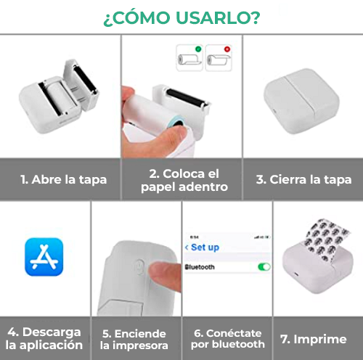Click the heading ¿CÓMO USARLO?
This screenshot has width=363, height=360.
pyautogui.click(x=181, y=17)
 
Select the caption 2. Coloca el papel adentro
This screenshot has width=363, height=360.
pyautogui.click(x=181, y=179)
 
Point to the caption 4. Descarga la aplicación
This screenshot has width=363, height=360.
pyautogui.click(x=44, y=338)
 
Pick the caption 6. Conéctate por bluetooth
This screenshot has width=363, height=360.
pyautogui.click(x=227, y=338)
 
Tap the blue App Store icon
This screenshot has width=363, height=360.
pyautogui.click(x=44, y=257)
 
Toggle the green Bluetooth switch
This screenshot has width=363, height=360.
pyautogui.click(x=264, y=266)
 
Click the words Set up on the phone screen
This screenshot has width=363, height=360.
pyautogui.click(x=204, y=247)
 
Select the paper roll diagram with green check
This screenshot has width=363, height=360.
pyautogui.click(x=187, y=57)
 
